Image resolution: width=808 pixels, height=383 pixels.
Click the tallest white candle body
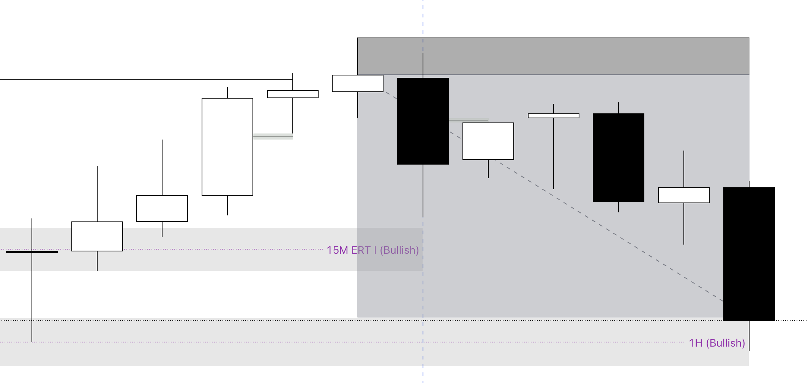227,147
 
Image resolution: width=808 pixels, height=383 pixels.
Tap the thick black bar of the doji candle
32,252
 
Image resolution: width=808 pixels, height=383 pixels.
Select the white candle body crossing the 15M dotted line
97,236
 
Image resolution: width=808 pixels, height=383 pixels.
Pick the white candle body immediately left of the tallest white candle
162,209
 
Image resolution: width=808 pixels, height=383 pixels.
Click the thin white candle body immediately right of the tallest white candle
292,94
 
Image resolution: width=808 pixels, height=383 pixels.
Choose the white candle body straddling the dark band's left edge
357,83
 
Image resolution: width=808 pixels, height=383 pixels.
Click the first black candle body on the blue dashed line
423,121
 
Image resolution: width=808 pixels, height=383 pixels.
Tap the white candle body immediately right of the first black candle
488,141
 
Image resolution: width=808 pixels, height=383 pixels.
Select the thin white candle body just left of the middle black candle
553,116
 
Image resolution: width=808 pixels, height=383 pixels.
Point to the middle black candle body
618,157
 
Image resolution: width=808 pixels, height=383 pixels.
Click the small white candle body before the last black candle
683,195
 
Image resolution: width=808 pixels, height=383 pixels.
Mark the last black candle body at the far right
749,254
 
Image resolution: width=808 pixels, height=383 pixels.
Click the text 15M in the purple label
338,250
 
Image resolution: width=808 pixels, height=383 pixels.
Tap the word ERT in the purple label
361,250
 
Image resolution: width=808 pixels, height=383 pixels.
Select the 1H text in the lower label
696,343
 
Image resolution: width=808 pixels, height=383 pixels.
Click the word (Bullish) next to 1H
725,343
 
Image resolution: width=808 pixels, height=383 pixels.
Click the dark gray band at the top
570,56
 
